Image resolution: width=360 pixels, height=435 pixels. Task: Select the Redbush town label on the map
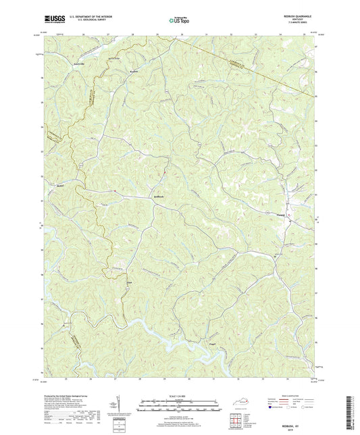pos(155,197)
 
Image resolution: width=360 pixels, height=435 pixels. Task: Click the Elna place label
pos(130,282)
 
